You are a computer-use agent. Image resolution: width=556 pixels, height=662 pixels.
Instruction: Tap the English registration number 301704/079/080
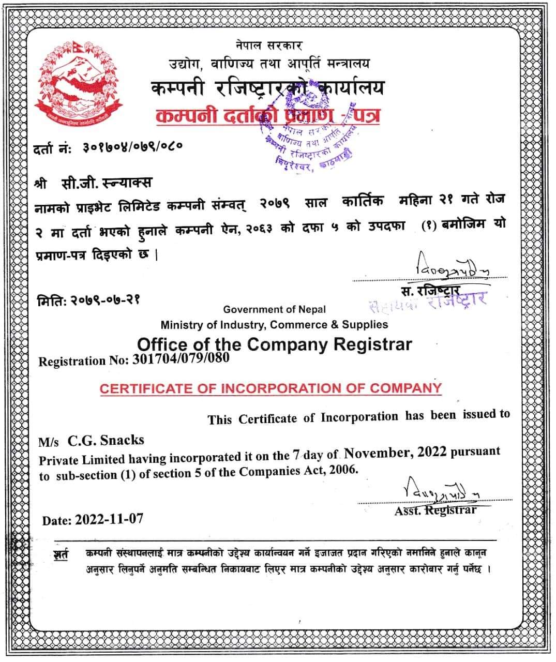tap(181, 358)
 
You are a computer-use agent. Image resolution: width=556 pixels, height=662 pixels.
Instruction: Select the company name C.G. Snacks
tap(106, 440)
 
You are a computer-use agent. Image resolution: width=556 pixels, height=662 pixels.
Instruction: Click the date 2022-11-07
tap(109, 519)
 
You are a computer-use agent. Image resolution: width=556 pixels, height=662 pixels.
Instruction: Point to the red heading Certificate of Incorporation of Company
tap(271, 388)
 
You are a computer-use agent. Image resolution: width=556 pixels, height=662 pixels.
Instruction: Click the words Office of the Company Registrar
tap(274, 344)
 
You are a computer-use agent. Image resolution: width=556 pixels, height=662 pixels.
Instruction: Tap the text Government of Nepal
tap(274, 309)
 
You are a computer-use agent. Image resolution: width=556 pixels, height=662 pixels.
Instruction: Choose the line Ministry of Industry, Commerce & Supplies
tap(274, 325)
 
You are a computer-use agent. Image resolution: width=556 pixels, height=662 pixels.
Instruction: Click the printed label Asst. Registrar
tap(435, 510)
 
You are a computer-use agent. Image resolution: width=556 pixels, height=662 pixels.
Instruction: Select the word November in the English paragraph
tap(377, 454)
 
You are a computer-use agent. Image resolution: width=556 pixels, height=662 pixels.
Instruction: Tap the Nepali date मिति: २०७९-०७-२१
tap(88, 299)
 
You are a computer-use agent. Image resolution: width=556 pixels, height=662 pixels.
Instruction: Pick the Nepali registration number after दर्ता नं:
tap(132, 147)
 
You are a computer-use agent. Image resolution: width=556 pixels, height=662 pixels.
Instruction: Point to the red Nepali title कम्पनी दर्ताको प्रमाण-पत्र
tap(267, 115)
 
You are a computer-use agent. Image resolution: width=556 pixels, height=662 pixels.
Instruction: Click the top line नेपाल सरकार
tap(268, 46)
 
